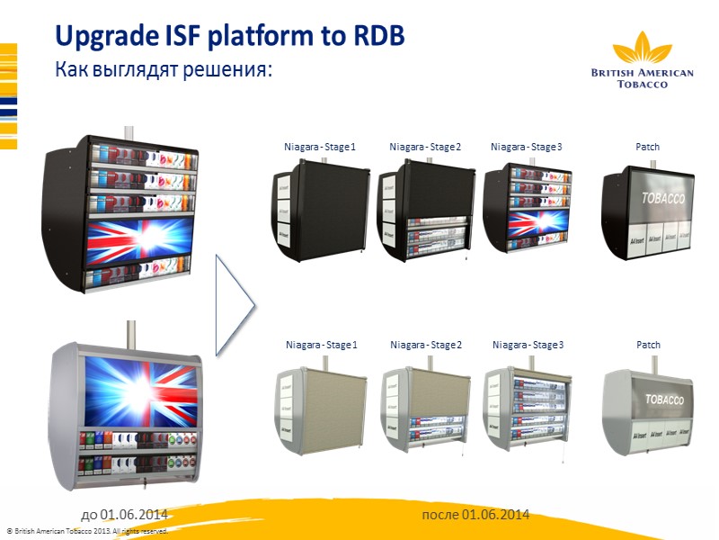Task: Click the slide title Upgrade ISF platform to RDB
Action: coord(229,35)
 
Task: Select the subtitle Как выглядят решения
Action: coord(164,68)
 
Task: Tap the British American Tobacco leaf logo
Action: coord(642,49)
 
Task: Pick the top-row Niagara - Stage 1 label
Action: coord(320,147)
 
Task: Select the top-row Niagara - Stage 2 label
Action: coord(425,147)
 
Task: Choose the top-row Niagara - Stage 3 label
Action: coord(527,147)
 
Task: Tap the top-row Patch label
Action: coord(647,147)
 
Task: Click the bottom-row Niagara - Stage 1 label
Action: coord(322,345)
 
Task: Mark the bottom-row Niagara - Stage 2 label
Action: coord(426,345)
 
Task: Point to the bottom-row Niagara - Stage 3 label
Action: coord(528,345)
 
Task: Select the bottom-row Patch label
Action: coord(648,345)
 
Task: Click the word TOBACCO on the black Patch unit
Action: coord(661,198)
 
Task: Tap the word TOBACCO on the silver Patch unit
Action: coord(662,399)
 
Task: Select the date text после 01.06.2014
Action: coord(475,514)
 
